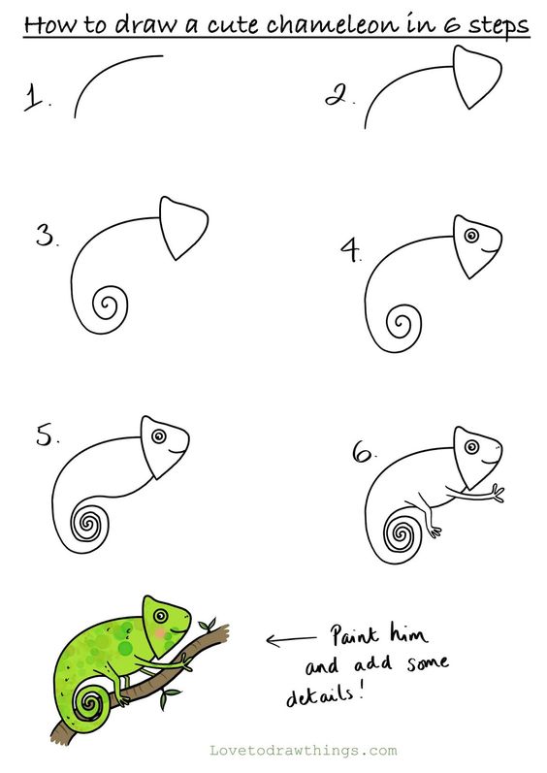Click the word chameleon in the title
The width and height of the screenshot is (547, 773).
(x=332, y=23)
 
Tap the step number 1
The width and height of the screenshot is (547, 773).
(x=36, y=97)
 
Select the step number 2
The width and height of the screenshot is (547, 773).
(x=337, y=95)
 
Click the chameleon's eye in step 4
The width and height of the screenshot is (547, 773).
(x=471, y=235)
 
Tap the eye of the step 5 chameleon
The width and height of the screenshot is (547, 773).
(x=159, y=435)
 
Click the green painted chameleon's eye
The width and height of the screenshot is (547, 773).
(x=160, y=615)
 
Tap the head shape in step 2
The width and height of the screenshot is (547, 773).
(x=475, y=76)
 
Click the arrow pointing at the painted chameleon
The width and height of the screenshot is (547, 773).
(x=291, y=640)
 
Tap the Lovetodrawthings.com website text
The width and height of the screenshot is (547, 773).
(x=303, y=751)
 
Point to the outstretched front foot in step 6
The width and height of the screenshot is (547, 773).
(x=497, y=493)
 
